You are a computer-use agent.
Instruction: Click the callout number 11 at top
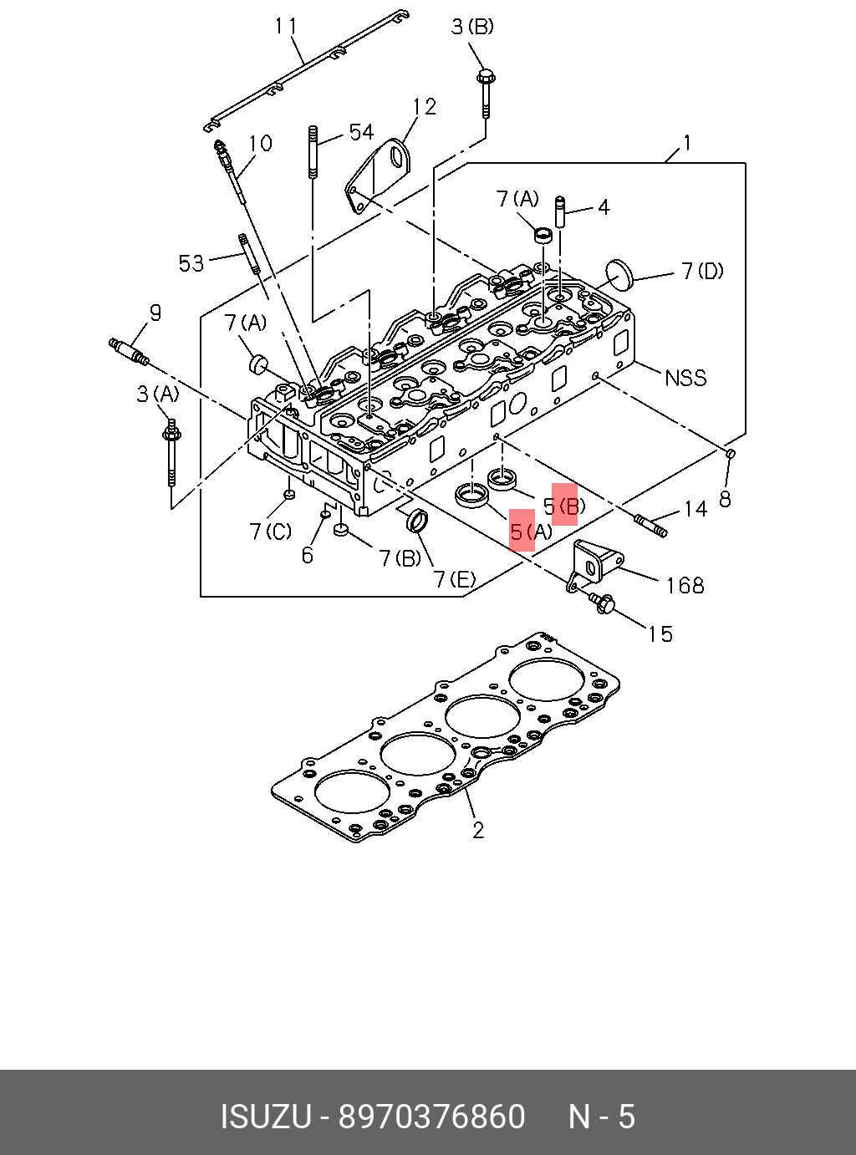pos(286,27)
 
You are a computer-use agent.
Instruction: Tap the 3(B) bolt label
pos(472,27)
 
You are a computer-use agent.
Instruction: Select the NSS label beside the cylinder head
pos(685,378)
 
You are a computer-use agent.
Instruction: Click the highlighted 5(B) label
pos(564,505)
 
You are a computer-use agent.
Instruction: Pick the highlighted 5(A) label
pos(530,532)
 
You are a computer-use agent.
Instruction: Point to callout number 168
pos(685,585)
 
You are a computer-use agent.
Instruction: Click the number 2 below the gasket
pos(478,830)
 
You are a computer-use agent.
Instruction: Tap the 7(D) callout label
pos(701,271)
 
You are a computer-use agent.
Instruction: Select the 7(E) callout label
pos(455,579)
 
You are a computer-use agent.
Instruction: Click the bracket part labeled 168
pos(594,563)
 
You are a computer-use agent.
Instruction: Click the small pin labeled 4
pos(561,214)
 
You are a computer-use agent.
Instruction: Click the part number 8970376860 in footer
pos(431,1117)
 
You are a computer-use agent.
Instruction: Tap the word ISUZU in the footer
pos(266,1117)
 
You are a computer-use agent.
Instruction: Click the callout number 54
pos(361,132)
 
